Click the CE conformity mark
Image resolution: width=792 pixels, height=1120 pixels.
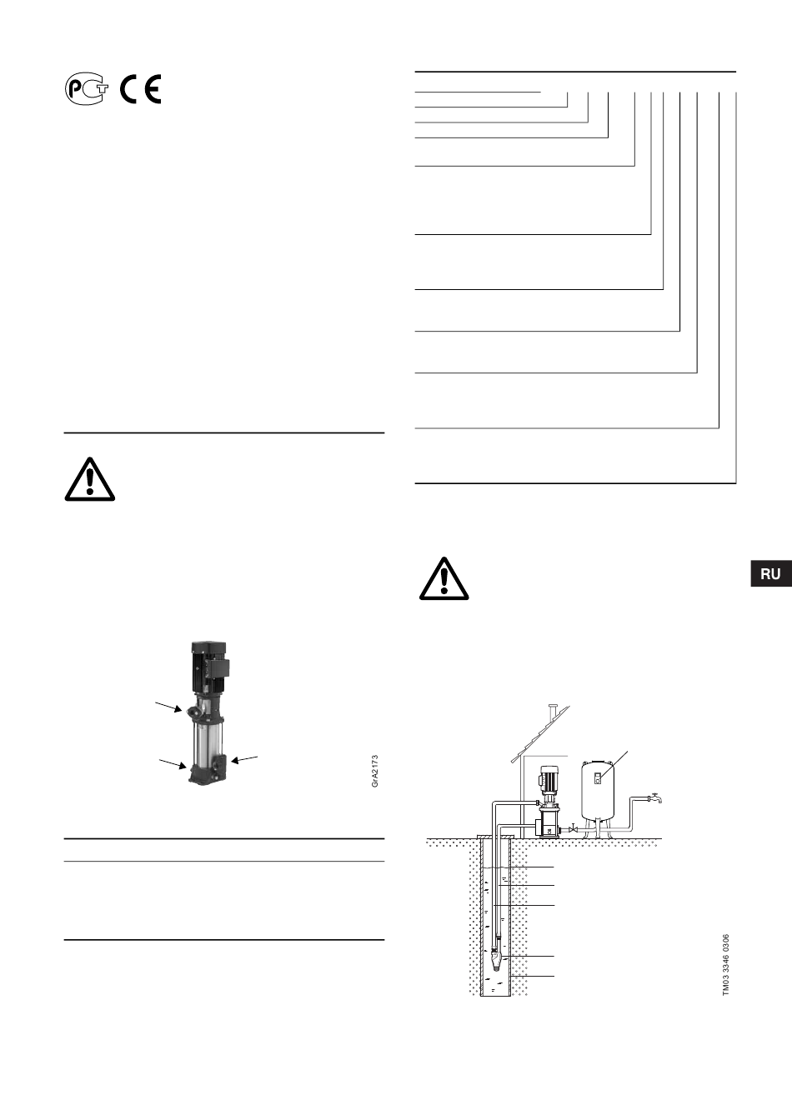click(141, 89)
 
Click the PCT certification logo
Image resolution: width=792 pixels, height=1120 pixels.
click(86, 89)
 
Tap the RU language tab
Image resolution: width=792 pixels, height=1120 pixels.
click(771, 573)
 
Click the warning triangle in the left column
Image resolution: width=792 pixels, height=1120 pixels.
click(90, 479)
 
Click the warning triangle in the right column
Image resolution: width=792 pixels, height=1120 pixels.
click(444, 578)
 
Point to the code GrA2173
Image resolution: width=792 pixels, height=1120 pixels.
click(374, 771)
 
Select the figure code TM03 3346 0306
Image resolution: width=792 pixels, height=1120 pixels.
click(726, 965)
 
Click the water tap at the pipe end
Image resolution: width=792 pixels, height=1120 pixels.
click(655, 798)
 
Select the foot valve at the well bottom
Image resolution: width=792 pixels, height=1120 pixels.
click(495, 960)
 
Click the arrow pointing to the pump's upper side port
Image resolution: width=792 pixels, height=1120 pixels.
click(168, 707)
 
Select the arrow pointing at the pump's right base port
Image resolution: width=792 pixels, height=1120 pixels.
click(244, 759)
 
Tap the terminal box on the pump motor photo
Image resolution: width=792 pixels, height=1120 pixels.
click(222, 668)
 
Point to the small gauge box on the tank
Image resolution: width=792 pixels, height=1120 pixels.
click(598, 778)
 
